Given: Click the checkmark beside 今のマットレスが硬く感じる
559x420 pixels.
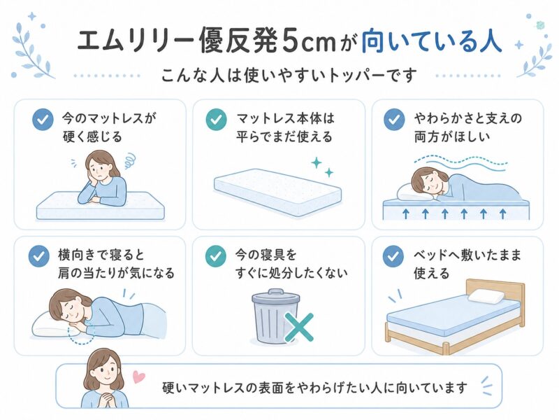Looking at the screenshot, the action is pos(43,120).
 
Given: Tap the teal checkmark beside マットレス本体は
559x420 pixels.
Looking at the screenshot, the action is pos(217,120).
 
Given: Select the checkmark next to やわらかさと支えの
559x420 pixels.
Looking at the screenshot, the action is pos(394,120).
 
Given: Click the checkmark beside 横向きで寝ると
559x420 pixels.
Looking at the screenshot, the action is pos(39,256).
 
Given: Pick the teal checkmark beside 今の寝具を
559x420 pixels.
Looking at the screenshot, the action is pos(216,256).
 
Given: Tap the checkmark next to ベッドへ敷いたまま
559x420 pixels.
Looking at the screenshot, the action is pos(393,256).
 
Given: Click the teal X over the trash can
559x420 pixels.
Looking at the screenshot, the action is pos(299,328).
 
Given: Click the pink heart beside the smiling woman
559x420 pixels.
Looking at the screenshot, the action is pos(138,377).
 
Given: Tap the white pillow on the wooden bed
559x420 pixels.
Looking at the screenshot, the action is pos(486,296).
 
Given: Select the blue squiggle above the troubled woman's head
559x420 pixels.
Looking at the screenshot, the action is pos(129,161).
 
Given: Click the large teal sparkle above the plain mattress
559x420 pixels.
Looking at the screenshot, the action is pos(317,163).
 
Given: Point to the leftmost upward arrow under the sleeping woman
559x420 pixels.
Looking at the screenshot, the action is pos(406,213).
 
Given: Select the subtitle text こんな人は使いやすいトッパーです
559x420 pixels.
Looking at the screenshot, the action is pos(289,76).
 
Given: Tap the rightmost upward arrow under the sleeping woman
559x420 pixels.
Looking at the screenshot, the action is pos(503,213).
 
